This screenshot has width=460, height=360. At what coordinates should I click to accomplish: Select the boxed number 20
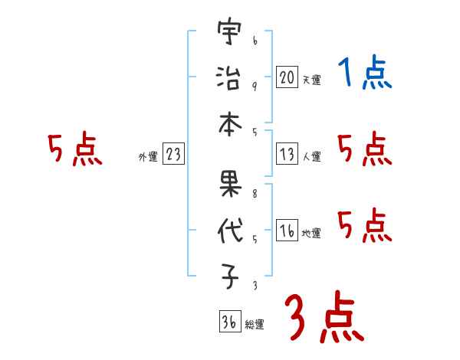[287, 77]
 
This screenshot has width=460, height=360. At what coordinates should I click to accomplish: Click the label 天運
[311, 80]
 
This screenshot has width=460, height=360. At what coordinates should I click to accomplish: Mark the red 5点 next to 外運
[74, 149]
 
